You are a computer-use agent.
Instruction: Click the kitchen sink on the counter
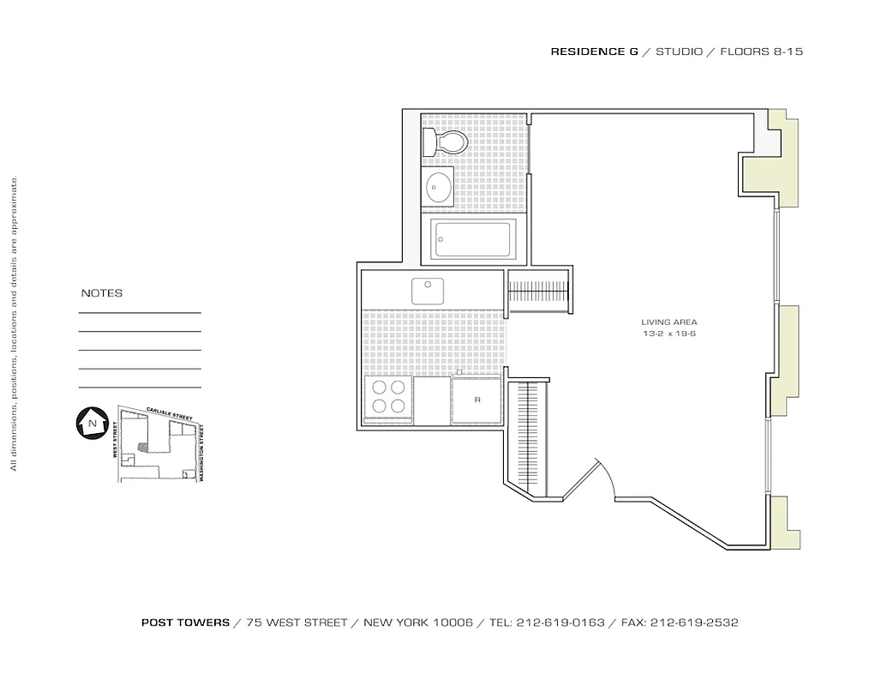pyautogui.click(x=427, y=292)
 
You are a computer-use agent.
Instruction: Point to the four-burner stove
pyautogui.click(x=387, y=397)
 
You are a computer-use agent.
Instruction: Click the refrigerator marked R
pyautogui.click(x=476, y=400)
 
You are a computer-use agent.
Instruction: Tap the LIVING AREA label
pyautogui.click(x=669, y=322)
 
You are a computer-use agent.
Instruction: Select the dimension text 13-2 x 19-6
pyautogui.click(x=669, y=333)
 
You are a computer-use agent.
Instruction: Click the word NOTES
pyautogui.click(x=102, y=293)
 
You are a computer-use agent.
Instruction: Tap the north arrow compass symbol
pyautogui.click(x=89, y=423)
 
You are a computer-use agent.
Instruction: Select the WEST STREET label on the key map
pyautogui.click(x=113, y=438)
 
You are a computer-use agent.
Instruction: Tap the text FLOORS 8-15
pyautogui.click(x=761, y=51)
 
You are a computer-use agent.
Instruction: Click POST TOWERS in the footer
pyautogui.click(x=185, y=623)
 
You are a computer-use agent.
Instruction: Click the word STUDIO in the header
pyautogui.click(x=679, y=51)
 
